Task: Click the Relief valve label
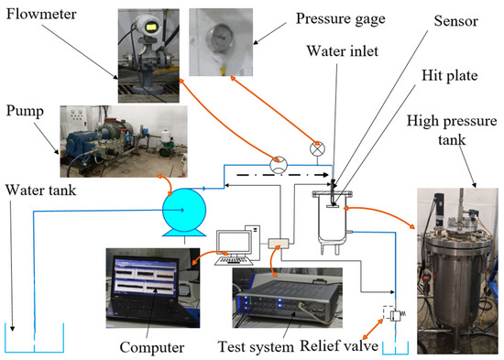[x=349, y=346]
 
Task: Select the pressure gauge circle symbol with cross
[x=317, y=147]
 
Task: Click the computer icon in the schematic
[x=236, y=243]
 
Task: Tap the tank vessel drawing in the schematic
[x=333, y=218]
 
